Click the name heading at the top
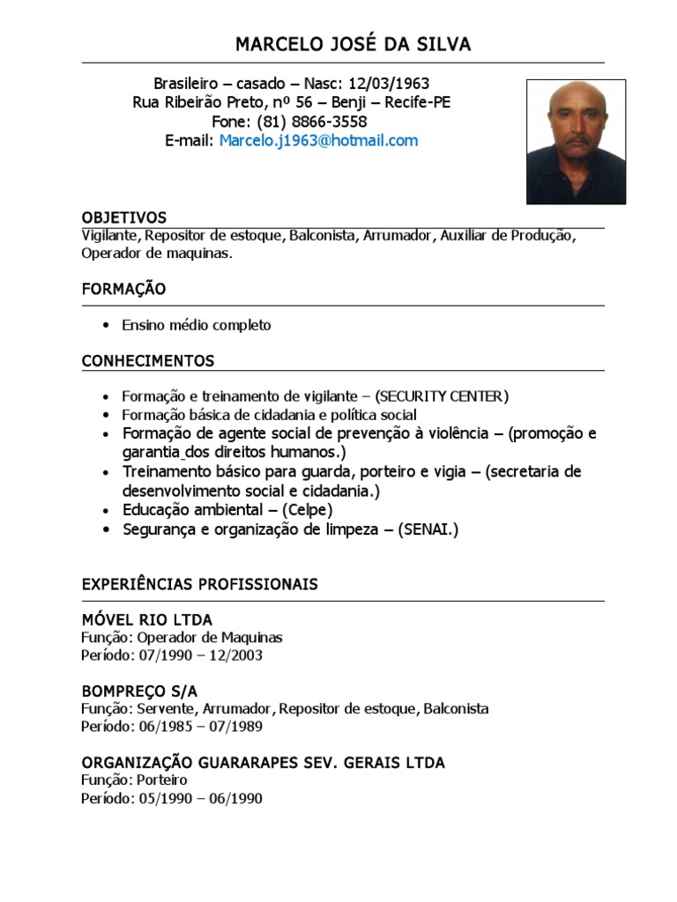(353, 44)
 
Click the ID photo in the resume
(576, 142)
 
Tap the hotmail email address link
(318, 141)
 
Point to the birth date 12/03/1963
(389, 84)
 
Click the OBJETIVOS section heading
(123, 218)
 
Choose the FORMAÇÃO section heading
(123, 289)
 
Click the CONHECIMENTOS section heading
(148, 361)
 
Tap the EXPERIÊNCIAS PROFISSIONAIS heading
(200, 585)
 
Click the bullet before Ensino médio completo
(107, 325)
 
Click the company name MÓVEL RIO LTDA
(146, 620)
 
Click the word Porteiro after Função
(162, 780)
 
